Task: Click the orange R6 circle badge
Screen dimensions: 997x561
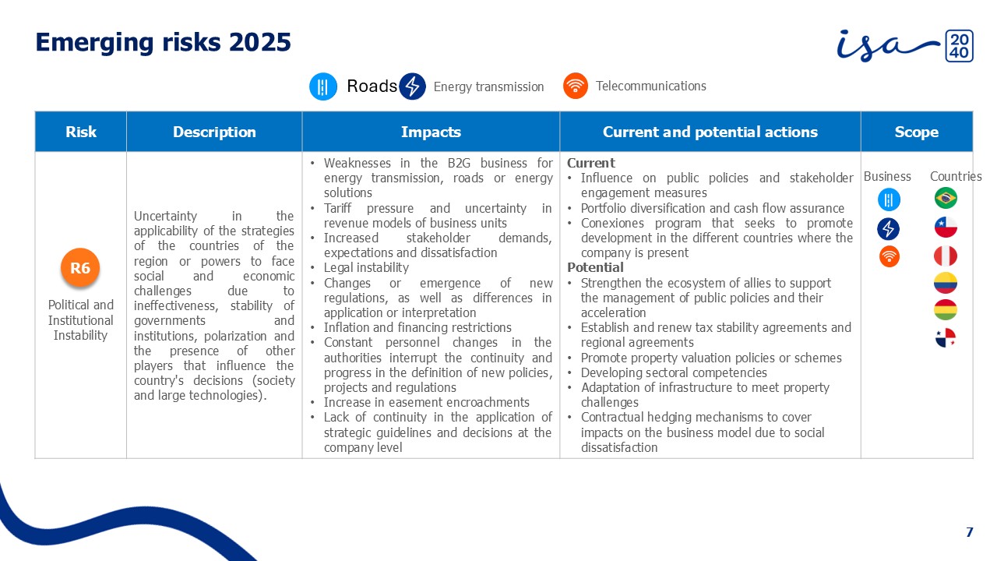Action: coord(80,267)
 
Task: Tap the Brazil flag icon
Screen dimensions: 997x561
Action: coord(946,198)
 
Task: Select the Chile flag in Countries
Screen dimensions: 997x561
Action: coord(946,228)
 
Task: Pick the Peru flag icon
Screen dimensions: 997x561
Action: coord(946,256)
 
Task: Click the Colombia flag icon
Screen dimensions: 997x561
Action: coord(946,283)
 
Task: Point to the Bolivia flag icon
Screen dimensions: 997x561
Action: coord(946,310)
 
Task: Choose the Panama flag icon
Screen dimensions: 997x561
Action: coord(946,338)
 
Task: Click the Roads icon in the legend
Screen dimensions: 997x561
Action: coord(323,86)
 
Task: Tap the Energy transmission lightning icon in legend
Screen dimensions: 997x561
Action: coord(412,86)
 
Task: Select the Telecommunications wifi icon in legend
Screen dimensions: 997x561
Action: coord(575,86)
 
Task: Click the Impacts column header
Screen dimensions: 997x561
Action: coord(431,132)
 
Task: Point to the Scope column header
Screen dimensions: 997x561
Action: coord(917,132)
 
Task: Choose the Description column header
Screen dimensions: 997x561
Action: coord(214,132)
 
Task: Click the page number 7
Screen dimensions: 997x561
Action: coord(970,532)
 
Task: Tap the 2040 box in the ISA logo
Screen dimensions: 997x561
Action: coord(959,46)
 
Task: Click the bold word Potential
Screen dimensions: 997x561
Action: coord(595,267)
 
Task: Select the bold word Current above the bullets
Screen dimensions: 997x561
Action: coord(590,163)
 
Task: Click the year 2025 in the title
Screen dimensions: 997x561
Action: coord(259,42)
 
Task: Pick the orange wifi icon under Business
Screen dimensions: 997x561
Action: coord(889,256)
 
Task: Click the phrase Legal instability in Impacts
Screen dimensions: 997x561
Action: coord(366,267)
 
